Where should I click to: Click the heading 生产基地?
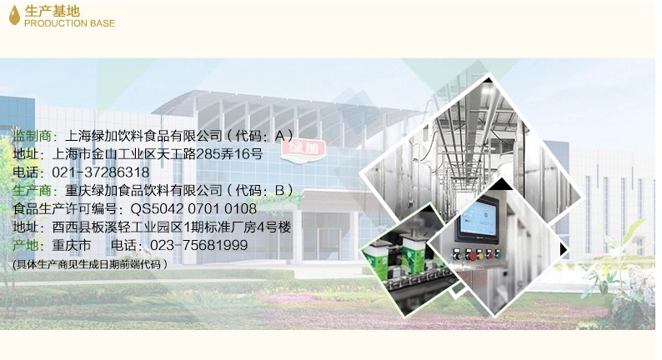click(x=53, y=11)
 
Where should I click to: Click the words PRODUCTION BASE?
click(x=70, y=23)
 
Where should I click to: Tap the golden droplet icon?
click(x=14, y=15)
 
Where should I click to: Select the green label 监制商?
click(x=32, y=136)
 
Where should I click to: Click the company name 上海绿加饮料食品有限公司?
click(x=143, y=136)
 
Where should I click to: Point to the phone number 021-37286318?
click(x=101, y=172)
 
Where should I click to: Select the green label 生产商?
click(x=32, y=190)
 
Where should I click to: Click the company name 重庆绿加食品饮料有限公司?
click(x=143, y=190)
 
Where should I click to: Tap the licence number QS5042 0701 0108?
click(x=193, y=208)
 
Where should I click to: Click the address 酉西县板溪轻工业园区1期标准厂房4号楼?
click(x=172, y=227)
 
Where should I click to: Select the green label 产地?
click(x=25, y=245)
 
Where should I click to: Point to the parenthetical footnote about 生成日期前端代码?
click(x=90, y=265)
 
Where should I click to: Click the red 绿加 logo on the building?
click(x=305, y=149)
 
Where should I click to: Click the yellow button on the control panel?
click(x=479, y=255)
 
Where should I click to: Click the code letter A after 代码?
click(x=280, y=136)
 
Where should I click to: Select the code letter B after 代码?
click(x=280, y=190)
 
